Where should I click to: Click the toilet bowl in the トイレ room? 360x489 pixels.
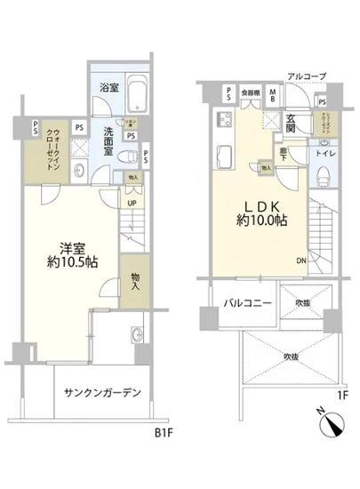click(x=324, y=173)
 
